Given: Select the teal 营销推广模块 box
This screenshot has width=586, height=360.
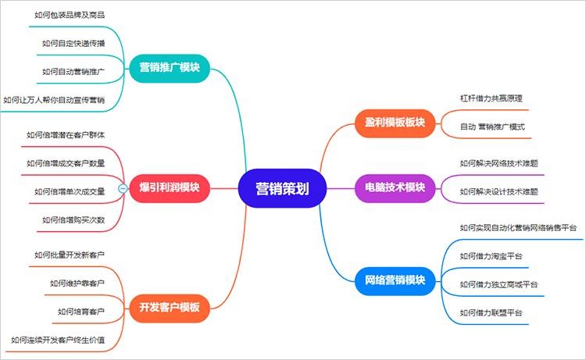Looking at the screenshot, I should click(x=169, y=67).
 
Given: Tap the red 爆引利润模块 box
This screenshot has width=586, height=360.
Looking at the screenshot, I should click(x=169, y=187).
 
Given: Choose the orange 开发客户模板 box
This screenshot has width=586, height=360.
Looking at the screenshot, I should click(x=169, y=307).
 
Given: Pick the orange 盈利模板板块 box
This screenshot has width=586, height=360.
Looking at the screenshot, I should click(x=394, y=122).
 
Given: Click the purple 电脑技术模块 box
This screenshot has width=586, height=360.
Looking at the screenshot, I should click(x=394, y=187).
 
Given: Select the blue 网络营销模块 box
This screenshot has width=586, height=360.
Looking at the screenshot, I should click(x=394, y=279).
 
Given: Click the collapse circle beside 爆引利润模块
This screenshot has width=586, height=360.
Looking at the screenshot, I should click(x=123, y=188).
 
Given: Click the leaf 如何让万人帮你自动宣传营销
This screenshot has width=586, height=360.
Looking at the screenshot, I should click(x=54, y=99).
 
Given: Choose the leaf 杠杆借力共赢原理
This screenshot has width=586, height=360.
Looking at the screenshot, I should click(x=491, y=98).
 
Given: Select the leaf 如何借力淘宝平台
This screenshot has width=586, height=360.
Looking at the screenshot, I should click(x=491, y=255).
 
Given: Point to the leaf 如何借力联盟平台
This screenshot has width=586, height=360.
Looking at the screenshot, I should click(x=491, y=312).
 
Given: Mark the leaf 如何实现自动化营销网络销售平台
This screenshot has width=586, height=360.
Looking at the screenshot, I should click(x=518, y=227).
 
